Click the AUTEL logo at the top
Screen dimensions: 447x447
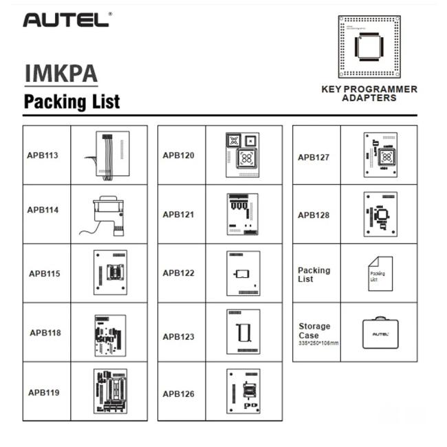coord(66,20)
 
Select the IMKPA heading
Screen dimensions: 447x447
coord(61,74)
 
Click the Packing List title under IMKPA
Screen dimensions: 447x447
coord(72,102)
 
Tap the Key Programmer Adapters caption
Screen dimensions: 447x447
coord(369,94)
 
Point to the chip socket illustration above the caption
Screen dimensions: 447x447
coord(369,46)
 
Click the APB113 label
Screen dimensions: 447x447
coord(43,155)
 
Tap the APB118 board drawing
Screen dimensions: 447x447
coord(109,333)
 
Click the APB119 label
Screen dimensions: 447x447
coord(44,393)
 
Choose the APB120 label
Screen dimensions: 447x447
coord(179,155)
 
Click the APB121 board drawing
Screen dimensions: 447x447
coord(243,214)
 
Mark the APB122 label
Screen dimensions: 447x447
coord(179,273)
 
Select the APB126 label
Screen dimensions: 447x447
coord(179,394)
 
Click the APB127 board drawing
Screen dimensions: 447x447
coord(379,156)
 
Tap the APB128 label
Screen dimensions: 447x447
coord(314,215)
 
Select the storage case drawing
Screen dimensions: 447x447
coord(379,333)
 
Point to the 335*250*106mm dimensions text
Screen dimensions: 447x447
coord(318,342)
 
